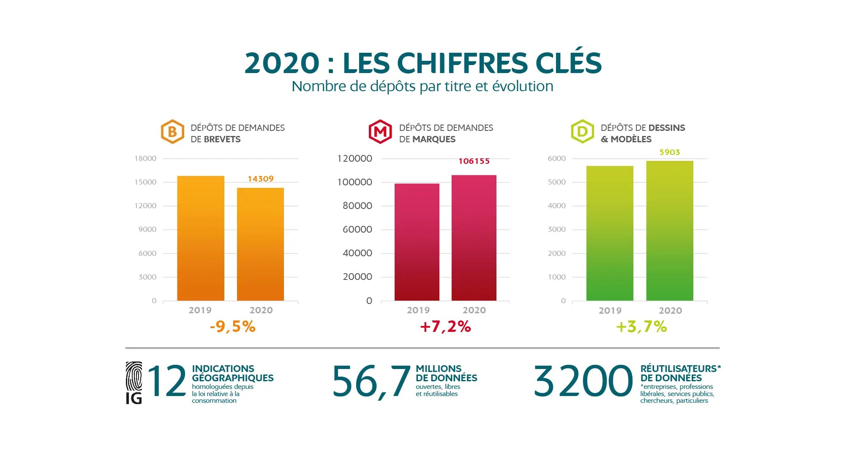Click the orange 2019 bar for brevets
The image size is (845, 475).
pyautogui.click(x=201, y=238)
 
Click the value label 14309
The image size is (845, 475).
pyautogui.click(x=261, y=179)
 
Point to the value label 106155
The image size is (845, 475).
pyautogui.click(x=474, y=161)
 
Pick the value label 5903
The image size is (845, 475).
pyautogui.click(x=670, y=152)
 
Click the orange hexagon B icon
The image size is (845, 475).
pyautogui.click(x=172, y=132)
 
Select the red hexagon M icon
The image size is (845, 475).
pyautogui.click(x=380, y=132)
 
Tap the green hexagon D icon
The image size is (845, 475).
pyautogui.click(x=582, y=132)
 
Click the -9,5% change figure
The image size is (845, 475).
pyautogui.click(x=233, y=327)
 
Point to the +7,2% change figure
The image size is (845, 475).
pyautogui.click(x=445, y=327)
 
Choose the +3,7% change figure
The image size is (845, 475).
pyautogui.click(x=641, y=327)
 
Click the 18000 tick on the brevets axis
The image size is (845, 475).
pyautogui.click(x=145, y=159)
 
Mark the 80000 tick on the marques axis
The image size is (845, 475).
pyautogui.click(x=357, y=206)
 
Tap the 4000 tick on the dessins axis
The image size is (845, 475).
pyautogui.click(x=556, y=206)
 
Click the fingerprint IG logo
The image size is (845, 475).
pyautogui.click(x=134, y=383)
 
